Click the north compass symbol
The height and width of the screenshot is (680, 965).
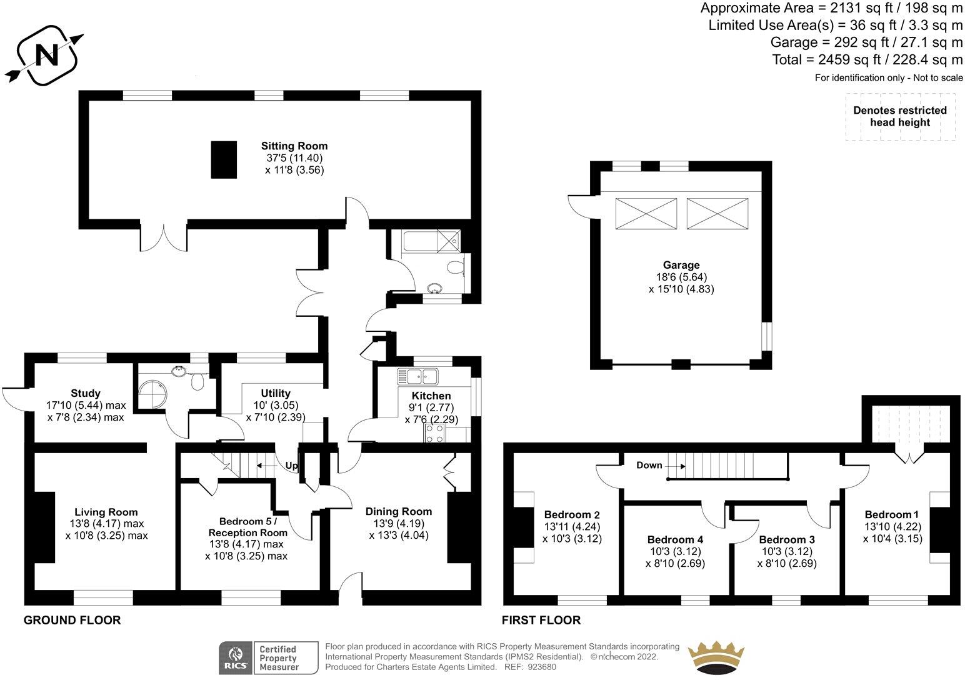coord(44,55)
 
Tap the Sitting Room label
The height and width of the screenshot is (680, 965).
coord(294,146)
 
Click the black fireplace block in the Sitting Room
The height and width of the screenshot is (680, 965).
coord(224,160)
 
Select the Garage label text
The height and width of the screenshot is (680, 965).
coord(681,265)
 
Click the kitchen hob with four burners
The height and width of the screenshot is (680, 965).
coord(435,433)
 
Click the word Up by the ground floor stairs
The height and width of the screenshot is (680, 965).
coord(291,466)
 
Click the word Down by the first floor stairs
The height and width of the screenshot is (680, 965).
coord(649,465)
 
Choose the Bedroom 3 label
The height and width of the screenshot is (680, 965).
coord(786,539)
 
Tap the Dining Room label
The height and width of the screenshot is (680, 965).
coord(398,511)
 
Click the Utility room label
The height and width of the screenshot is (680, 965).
coord(276,393)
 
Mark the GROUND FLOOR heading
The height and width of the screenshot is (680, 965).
coord(72,621)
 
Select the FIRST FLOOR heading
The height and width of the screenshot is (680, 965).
coord(541,621)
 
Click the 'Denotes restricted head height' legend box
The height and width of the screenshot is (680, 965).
coord(900,116)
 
